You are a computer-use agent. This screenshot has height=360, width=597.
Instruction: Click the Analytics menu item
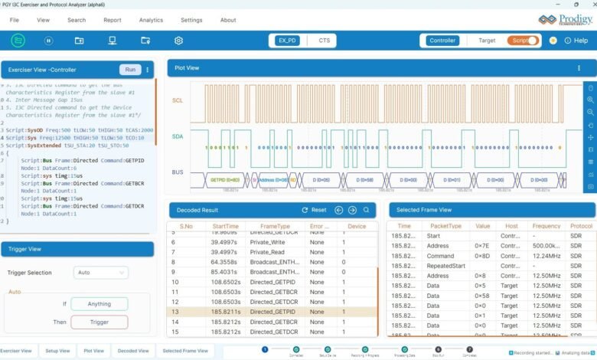[152, 20]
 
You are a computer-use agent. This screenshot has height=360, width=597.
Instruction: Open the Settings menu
[191, 20]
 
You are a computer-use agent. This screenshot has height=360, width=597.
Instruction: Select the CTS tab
[325, 41]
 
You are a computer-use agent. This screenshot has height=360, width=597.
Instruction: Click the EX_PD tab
[288, 41]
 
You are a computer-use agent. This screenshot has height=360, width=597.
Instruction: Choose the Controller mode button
[442, 41]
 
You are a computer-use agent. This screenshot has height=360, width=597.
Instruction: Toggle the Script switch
[524, 41]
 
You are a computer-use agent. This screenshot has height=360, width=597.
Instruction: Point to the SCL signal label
[178, 101]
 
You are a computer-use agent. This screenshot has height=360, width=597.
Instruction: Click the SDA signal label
[178, 136]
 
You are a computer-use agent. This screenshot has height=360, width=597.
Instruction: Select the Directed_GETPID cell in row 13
[271, 312]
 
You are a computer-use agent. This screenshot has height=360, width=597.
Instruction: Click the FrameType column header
[275, 227]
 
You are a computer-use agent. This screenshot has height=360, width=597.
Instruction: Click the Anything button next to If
[99, 304]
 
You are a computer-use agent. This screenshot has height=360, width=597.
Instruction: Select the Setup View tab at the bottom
[57, 351]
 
